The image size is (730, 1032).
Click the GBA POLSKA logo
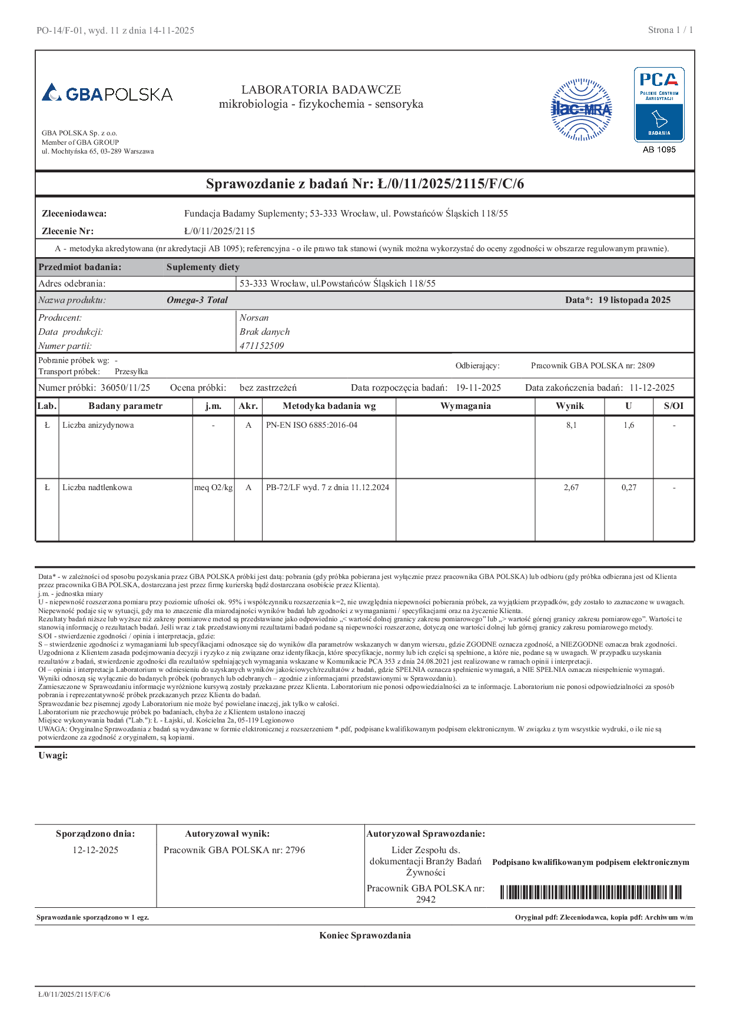pyautogui.click(x=107, y=94)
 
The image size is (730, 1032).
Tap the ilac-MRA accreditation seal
pyautogui.click(x=581, y=109)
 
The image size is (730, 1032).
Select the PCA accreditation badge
pyautogui.click(x=659, y=104)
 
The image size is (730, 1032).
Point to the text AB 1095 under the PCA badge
pyautogui.click(x=659, y=149)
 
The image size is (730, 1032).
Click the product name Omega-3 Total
pyautogui.click(x=197, y=300)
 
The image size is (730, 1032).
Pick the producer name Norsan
pyautogui.click(x=254, y=318)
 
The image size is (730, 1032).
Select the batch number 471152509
pyautogui.click(x=262, y=346)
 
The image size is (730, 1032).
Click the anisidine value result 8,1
pyautogui.click(x=571, y=425)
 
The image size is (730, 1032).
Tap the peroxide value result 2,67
pyautogui.click(x=571, y=488)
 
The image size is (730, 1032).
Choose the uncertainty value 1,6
pyautogui.click(x=629, y=425)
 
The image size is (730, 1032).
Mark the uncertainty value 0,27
pyautogui.click(x=629, y=488)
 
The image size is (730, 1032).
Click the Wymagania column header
pyautogui.click(x=465, y=406)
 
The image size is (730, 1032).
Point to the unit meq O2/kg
pyautogui.click(x=214, y=488)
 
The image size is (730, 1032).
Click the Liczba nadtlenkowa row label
pyautogui.click(x=97, y=488)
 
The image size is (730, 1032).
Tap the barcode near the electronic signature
pyautogui.click(x=590, y=893)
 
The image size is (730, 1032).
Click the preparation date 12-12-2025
pyautogui.click(x=95, y=850)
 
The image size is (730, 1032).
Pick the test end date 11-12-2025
pyautogui.click(x=652, y=388)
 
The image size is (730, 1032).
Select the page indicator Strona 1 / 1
pyautogui.click(x=671, y=30)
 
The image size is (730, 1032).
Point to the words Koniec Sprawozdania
pyautogui.click(x=365, y=936)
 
